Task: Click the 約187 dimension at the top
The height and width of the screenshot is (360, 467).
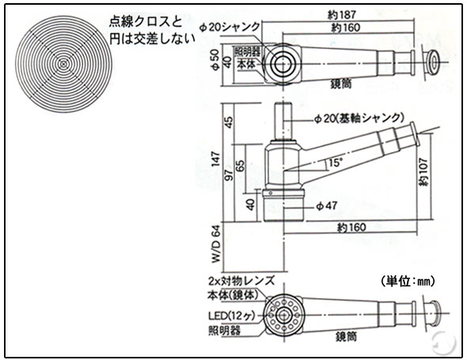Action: click(342, 14)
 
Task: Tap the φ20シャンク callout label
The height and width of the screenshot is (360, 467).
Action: click(230, 27)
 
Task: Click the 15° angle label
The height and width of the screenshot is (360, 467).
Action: click(336, 162)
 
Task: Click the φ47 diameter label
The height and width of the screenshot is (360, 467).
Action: click(327, 206)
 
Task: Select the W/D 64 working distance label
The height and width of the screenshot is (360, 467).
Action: click(216, 244)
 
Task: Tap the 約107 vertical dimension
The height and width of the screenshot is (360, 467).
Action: click(423, 172)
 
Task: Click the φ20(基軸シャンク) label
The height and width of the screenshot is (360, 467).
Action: click(359, 119)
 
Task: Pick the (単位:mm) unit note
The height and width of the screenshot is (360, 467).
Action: click(408, 281)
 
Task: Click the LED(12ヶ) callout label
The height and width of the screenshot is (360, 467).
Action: click(231, 316)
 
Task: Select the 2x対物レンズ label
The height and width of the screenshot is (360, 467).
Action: click(241, 281)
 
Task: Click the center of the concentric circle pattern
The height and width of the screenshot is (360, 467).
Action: click(63, 64)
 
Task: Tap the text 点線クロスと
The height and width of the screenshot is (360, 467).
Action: click(146, 22)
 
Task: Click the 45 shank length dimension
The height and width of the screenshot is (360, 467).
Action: click(230, 122)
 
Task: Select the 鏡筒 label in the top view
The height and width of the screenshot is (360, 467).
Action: click(341, 84)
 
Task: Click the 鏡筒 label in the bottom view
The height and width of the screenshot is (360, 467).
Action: click(346, 337)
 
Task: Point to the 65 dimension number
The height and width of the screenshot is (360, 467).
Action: click(241, 165)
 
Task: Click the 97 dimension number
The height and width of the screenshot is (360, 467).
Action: click(229, 176)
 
